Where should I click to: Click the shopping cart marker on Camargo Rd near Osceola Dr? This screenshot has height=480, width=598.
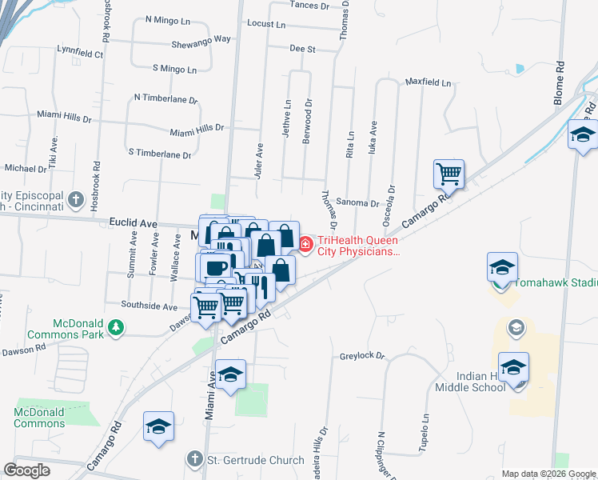(x=448, y=172)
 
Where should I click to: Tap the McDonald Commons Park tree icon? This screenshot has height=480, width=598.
(x=116, y=326)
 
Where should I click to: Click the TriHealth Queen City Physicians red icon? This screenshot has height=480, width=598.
(x=306, y=244)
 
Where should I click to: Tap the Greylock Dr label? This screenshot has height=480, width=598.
(x=362, y=355)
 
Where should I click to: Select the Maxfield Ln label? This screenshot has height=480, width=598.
(x=428, y=82)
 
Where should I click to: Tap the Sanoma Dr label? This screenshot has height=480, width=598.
(x=357, y=203)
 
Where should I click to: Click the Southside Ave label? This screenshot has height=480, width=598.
(x=149, y=306)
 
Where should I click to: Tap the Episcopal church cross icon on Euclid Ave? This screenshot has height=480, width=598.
(x=75, y=198)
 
